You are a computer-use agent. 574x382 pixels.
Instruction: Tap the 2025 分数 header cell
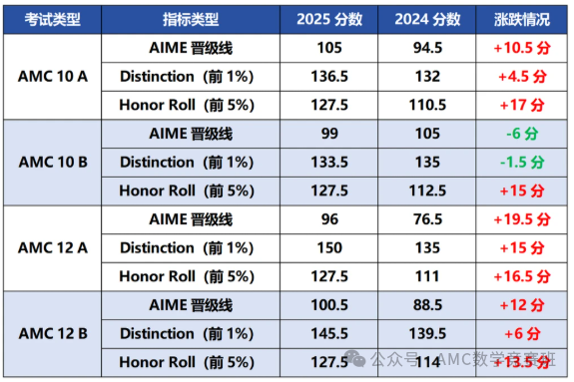point(329,20)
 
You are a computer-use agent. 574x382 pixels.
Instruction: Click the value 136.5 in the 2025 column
point(329,77)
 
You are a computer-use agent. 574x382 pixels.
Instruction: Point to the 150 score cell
point(329,248)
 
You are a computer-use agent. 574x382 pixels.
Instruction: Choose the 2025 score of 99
point(329,134)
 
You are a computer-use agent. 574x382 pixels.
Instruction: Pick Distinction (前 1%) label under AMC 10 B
point(186,163)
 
